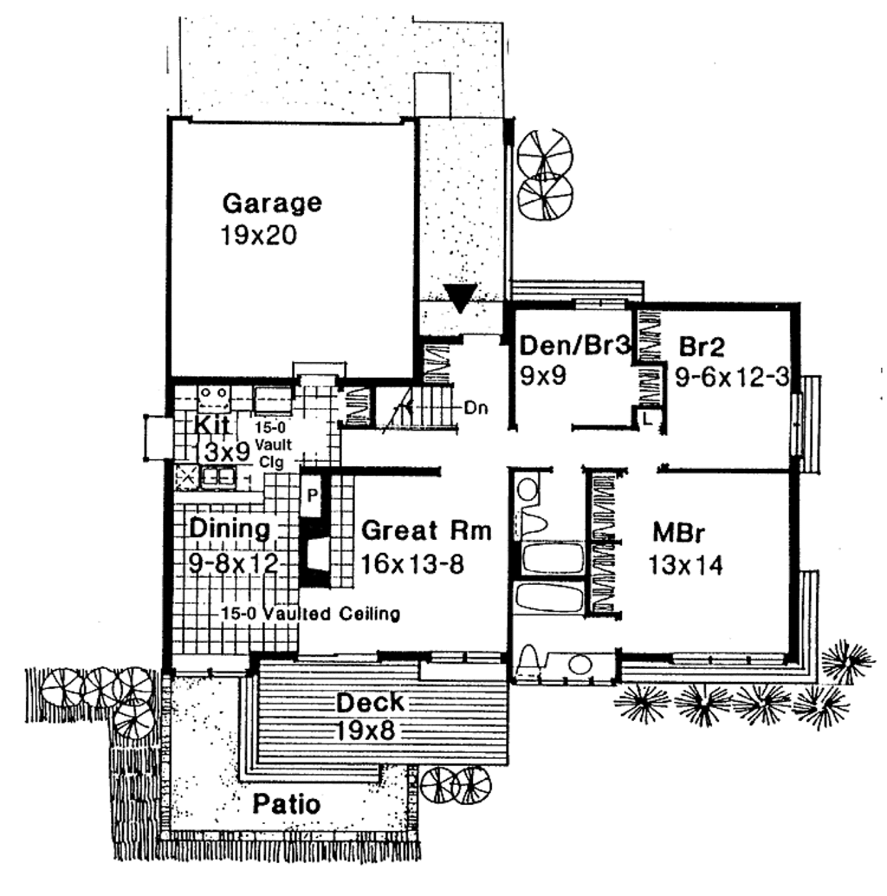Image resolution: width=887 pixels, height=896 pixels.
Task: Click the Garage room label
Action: coord(272,204)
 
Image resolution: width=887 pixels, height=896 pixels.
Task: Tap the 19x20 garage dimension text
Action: coord(259,236)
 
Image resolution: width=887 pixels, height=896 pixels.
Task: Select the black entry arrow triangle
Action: coord(461,297)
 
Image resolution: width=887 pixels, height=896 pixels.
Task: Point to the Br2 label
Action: coord(701,347)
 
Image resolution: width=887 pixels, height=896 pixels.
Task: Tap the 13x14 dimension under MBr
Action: coord(685,565)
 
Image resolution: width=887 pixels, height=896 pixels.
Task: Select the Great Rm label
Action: coord(426,530)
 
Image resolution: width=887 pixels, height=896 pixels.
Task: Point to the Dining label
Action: coord(230,528)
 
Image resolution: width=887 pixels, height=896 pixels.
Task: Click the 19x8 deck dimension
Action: coord(364,730)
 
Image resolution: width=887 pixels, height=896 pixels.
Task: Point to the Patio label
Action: coord(286,804)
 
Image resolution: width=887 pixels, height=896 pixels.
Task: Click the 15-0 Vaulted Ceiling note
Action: coord(309,614)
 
